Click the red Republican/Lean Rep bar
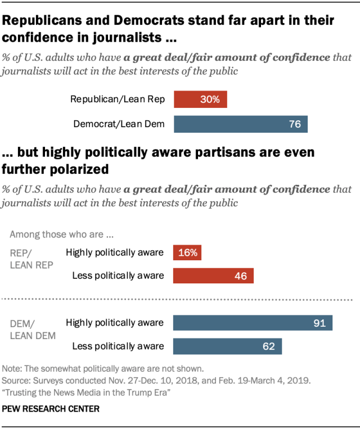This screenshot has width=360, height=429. [200, 100]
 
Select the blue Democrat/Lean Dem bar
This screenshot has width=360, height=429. [241, 124]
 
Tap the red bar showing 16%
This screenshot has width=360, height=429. [187, 252]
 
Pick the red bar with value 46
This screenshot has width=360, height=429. [213, 276]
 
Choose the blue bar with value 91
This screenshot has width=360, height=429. [253, 323]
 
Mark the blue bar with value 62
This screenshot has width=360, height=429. [227, 346]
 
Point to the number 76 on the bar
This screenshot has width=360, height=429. [295, 124]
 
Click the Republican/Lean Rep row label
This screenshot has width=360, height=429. [117, 100]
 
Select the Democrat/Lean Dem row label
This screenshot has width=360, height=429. [119, 124]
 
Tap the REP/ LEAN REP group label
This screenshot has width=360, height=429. [31, 258]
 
